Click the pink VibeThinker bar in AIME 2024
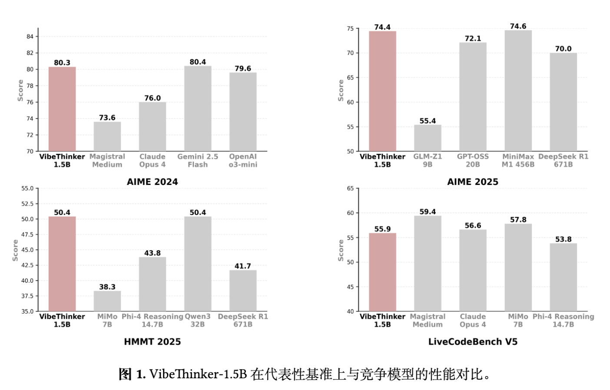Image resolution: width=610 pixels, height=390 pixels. tap(62, 109)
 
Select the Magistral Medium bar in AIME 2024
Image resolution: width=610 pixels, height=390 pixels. tap(107, 136)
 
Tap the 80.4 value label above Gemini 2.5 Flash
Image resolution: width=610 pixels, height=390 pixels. tap(198, 62)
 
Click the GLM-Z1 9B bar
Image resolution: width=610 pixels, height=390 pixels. tap(428, 138)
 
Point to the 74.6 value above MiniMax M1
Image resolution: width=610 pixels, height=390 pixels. tap(518, 26)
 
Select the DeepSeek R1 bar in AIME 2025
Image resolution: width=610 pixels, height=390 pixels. tap(563, 102)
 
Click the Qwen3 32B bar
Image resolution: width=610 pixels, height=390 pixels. tap(198, 264)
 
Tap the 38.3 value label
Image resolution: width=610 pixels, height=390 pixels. tap(107, 287)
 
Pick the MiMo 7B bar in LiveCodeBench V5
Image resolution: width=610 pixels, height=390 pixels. tap(518, 268)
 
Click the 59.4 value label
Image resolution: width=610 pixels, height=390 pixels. tap(428, 212)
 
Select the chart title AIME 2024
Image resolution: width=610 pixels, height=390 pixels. tap(152, 182)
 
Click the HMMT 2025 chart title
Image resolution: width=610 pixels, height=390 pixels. tap(152, 342)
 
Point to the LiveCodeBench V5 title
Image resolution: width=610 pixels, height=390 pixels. tap(473, 342)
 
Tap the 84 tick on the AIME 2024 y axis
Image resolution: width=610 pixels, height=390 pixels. tap(30, 36)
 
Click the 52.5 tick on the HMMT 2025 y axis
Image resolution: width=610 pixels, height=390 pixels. tap(27, 204)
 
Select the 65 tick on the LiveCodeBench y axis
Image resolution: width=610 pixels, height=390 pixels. tap(350, 188)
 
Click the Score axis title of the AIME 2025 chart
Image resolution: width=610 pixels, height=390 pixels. tap(341, 90)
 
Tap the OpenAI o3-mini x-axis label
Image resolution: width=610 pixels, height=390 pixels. tap(243, 160)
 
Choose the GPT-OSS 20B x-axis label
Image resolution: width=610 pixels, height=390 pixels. tap(473, 160)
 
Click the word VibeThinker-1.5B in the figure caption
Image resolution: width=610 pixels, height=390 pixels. tap(198, 374)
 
